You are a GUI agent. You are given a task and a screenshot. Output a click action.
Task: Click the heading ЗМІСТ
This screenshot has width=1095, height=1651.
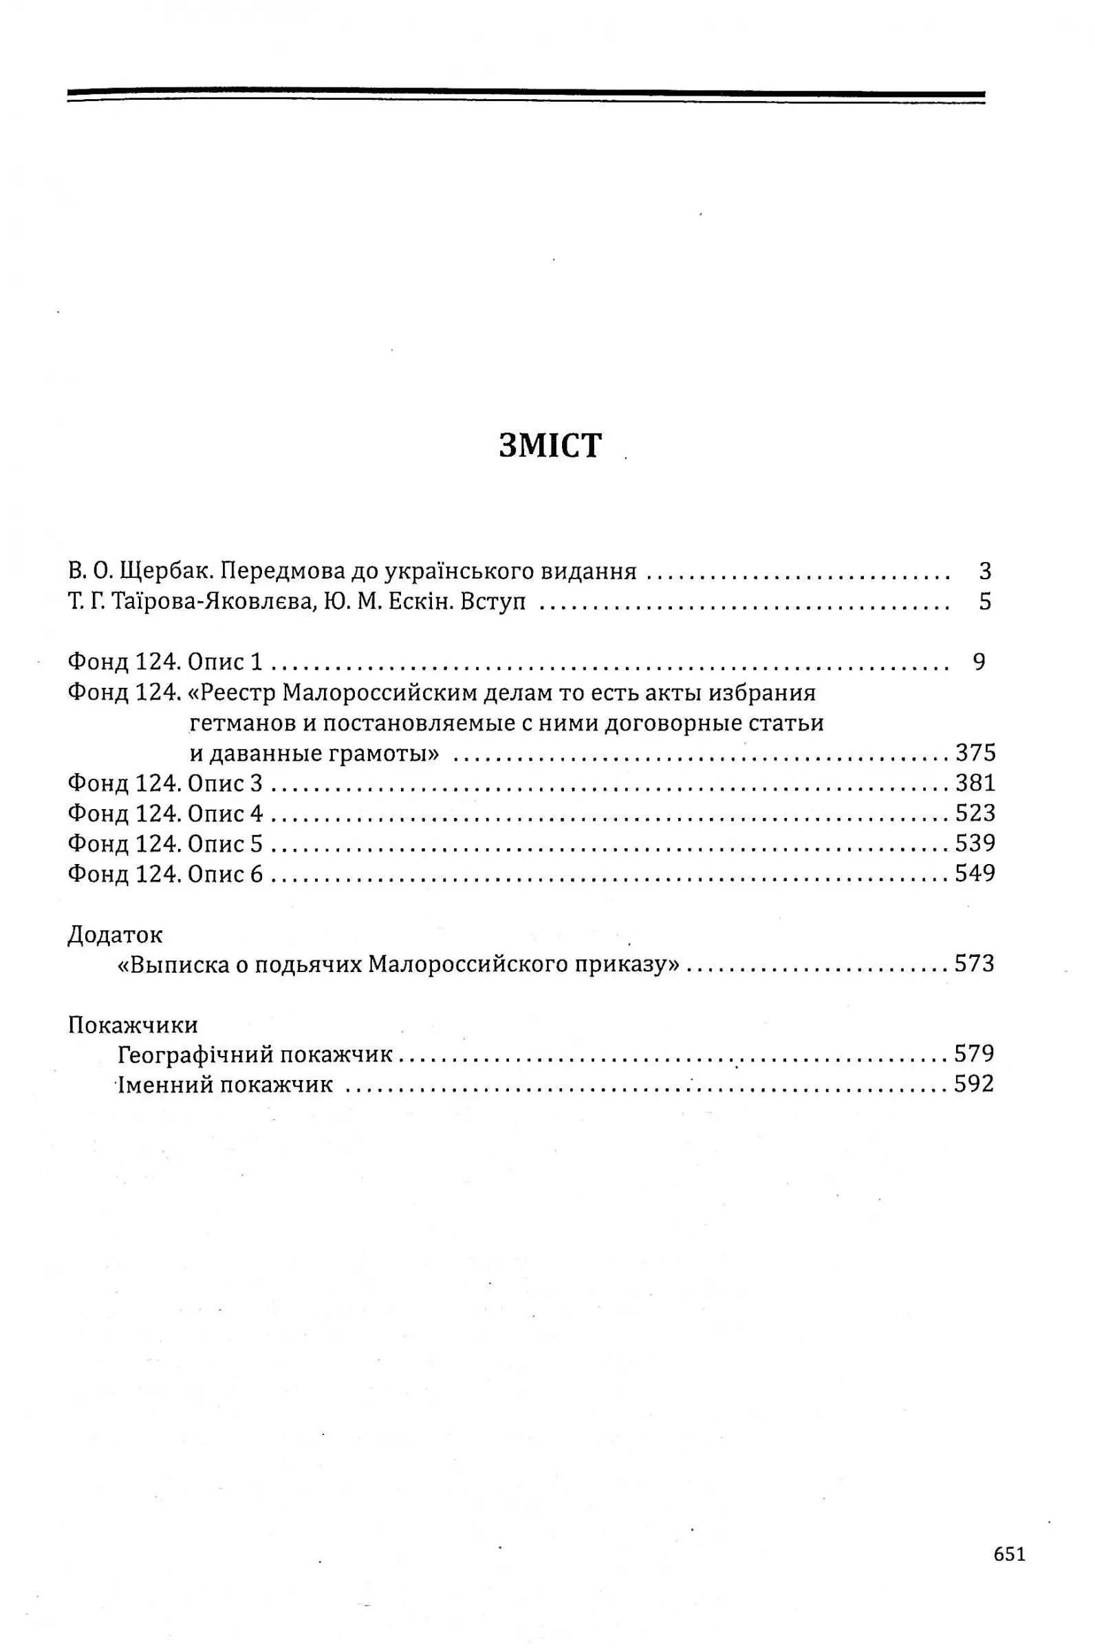coord(550,446)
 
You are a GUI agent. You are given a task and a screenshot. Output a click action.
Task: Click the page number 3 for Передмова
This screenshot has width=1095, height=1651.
coord(985,572)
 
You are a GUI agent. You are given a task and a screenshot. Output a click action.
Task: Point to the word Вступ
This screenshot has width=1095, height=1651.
coord(493,602)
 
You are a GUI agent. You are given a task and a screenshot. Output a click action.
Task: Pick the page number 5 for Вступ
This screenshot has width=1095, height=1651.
coord(985,602)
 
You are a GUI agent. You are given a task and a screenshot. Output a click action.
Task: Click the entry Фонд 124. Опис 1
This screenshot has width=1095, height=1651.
coord(165,662)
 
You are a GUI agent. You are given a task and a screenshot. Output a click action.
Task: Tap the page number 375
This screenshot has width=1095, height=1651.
coord(975,753)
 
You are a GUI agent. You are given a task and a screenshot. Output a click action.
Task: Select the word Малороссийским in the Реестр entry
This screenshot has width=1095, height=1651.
coord(379,693)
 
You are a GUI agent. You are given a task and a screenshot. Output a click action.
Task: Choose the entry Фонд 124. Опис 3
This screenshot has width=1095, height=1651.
coord(165,784)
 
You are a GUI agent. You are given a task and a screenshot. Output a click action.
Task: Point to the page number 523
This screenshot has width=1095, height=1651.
coord(975,814)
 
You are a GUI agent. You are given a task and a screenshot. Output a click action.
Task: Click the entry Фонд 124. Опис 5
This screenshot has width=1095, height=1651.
coord(165,843)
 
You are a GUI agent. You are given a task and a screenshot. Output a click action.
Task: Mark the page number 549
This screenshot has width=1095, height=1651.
coord(975,874)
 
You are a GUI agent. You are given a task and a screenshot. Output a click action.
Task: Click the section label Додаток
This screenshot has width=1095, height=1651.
coord(116,935)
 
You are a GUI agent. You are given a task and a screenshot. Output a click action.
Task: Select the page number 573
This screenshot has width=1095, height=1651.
coord(975,964)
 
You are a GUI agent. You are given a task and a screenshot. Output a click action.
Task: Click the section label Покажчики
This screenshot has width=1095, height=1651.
coord(133,1025)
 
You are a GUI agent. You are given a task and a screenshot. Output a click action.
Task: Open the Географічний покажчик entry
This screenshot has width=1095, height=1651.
coord(255,1055)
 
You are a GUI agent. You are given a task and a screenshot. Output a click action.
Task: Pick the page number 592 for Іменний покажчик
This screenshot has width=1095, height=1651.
coord(975,1085)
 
